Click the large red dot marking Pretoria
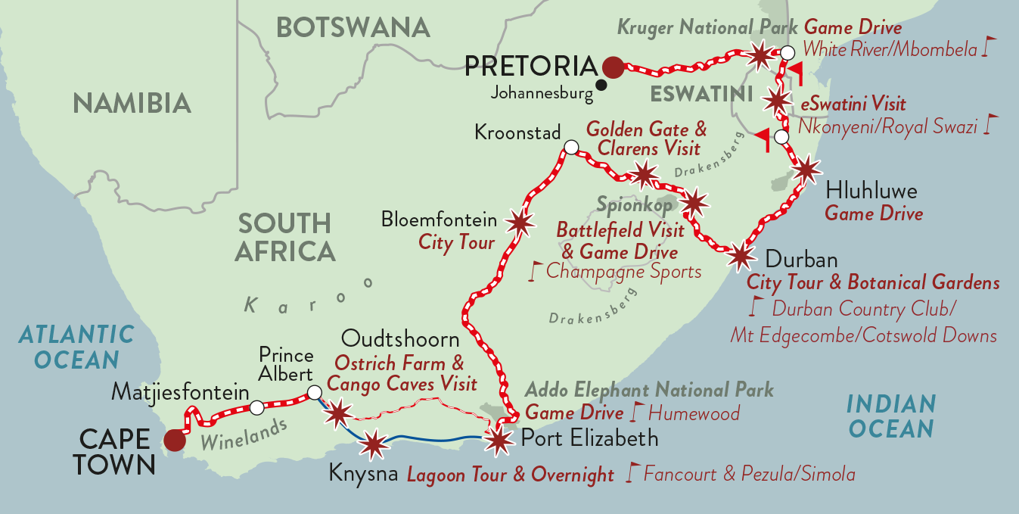(x=613, y=67)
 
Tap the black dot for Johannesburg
(x=601, y=85)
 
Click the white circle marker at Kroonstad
(x=571, y=147)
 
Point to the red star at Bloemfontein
(x=518, y=223)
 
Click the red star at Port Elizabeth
(x=498, y=441)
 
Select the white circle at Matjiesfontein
(x=256, y=408)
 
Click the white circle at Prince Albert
(x=314, y=393)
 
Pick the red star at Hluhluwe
(x=806, y=170)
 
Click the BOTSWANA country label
(x=353, y=27)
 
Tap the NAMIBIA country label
(x=132, y=103)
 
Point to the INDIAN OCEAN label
(x=891, y=416)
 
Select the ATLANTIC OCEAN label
(x=76, y=346)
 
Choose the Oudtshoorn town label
(x=400, y=338)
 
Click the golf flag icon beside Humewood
(x=636, y=413)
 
